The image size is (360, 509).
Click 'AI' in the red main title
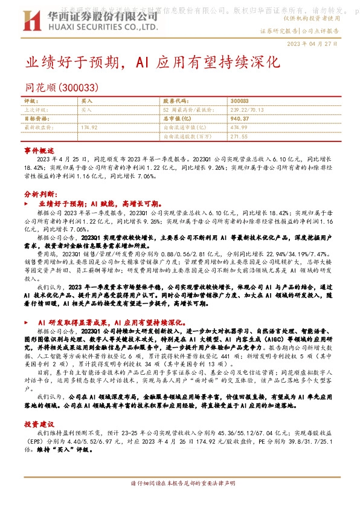146,62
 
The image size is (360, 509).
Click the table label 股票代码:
175,102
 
